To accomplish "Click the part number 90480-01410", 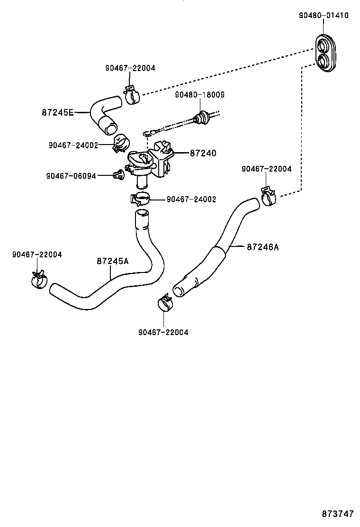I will click(324, 15).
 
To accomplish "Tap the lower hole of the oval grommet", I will click(325, 61).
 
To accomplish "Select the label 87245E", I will click(57, 112).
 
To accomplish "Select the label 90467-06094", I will click(71, 176).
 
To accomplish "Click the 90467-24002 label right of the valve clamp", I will click(191, 200).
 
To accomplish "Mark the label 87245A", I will click(112, 261).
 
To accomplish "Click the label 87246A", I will click(262, 246).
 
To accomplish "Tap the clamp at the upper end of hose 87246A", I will click(268, 196).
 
